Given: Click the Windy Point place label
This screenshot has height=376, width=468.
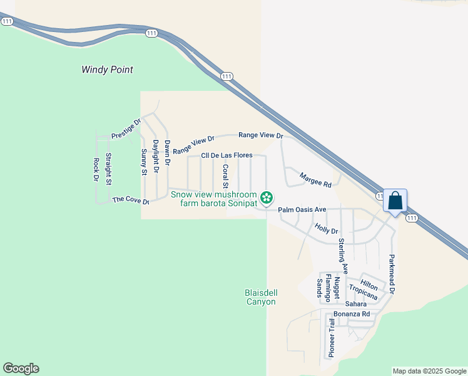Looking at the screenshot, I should [107, 70].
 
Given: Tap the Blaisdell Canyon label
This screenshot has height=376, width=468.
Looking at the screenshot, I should [260, 297].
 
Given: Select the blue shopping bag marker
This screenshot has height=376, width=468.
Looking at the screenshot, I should [395, 202].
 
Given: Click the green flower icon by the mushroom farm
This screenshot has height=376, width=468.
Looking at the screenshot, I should [267, 198].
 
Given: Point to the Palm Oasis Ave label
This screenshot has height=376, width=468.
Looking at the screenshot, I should [302, 209].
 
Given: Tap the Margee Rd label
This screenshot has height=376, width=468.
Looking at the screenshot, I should [315, 180].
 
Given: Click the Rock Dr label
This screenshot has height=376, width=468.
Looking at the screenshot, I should [96, 170].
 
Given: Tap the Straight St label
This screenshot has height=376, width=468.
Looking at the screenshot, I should [108, 169].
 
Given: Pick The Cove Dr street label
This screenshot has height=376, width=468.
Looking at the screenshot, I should [130, 200].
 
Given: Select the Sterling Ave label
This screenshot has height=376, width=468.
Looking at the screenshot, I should [342, 254].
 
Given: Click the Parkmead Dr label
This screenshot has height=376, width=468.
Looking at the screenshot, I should [392, 274].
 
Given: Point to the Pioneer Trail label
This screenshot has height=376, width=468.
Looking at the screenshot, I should [332, 337].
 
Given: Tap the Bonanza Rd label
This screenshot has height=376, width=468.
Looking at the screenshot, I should [351, 313].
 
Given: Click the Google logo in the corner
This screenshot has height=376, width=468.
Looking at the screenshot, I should [21, 368].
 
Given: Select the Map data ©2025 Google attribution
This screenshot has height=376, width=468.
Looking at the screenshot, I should [429, 371].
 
